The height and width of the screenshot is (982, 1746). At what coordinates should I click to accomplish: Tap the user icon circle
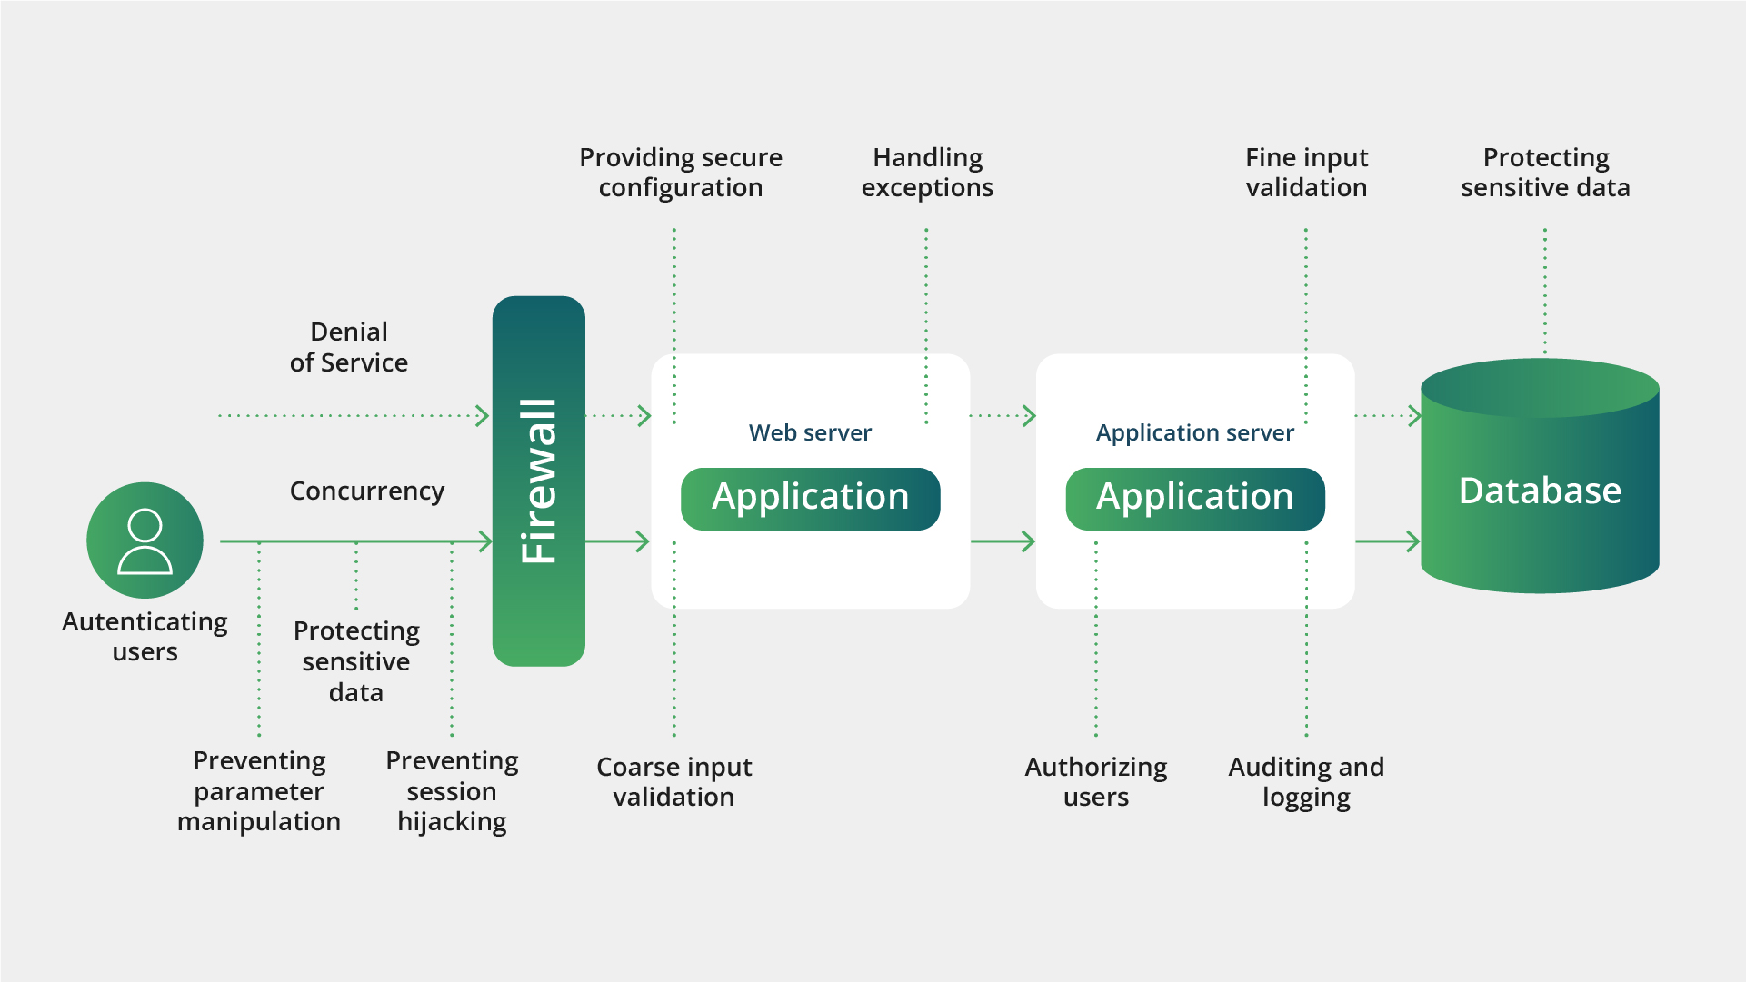coord(145,540)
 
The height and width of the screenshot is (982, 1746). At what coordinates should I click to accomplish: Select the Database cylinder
coord(1540,491)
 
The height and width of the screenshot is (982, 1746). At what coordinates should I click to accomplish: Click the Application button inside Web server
coord(810,498)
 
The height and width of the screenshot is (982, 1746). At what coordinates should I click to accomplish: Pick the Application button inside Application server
coord(1194,498)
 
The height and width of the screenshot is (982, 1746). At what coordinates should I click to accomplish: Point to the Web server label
coord(810,432)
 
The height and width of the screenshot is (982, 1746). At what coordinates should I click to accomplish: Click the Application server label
coord(1194,432)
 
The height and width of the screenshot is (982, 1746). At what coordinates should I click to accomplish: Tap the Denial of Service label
coord(349,347)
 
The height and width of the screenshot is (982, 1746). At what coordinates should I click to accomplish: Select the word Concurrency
coord(367,491)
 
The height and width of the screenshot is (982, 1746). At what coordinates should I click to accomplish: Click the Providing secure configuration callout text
coord(681,173)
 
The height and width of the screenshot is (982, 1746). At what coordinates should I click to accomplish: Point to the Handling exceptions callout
coord(927,173)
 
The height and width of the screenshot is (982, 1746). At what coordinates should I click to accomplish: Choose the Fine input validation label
coord(1306,173)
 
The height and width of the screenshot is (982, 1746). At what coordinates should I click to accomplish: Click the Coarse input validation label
coord(673,781)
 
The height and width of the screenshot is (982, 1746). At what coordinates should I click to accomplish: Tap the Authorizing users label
coord(1096,781)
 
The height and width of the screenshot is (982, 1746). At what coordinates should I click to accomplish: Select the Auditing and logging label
coord(1306,781)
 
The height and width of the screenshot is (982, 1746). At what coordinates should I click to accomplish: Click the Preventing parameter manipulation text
coord(259,790)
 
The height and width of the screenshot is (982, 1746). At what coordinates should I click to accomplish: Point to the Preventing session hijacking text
coord(452,790)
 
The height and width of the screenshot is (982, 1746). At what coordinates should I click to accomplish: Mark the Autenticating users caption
coord(145,636)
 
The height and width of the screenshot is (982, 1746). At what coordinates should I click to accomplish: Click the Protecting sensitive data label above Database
coord(1545,173)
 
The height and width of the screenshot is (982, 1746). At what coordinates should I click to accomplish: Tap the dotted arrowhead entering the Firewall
coord(483,416)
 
